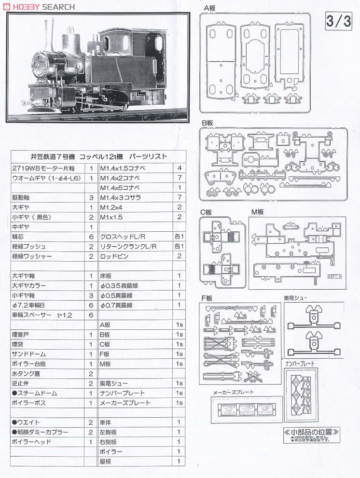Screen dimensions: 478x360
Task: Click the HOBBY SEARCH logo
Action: pos(39,6)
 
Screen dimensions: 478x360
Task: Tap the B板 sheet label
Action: pos(207,123)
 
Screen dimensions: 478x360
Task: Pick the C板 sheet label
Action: pos(207,212)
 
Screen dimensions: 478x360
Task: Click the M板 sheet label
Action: pos(257,212)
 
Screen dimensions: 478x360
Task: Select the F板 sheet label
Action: pos(207,298)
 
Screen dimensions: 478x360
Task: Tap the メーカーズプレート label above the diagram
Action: pos(234,392)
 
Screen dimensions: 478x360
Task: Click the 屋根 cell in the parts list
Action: pos(106,462)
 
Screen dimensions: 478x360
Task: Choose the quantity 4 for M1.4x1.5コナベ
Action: pos(179,168)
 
